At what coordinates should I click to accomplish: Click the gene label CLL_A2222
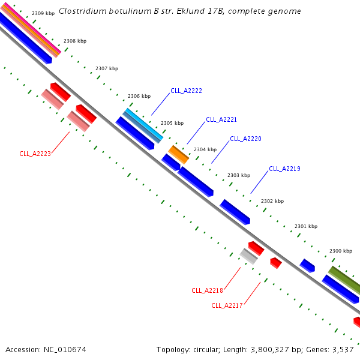tap(186, 91)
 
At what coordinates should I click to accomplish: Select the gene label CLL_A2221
tap(221, 119)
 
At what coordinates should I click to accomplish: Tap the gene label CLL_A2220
tap(245, 139)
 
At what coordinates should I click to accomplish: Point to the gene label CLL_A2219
tap(284, 169)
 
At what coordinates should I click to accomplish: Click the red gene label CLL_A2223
tap(35, 154)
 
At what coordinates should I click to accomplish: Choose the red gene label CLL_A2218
tap(207, 290)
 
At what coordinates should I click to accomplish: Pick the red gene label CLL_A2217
tap(227, 305)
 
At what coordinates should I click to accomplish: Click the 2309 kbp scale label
tap(43, 13)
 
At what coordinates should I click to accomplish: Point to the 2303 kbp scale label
tap(239, 175)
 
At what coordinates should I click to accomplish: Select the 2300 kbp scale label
tap(341, 251)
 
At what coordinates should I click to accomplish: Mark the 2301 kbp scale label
tap(306, 226)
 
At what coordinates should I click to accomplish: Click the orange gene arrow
tap(178, 154)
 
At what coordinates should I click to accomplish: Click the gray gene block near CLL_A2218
tap(248, 256)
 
